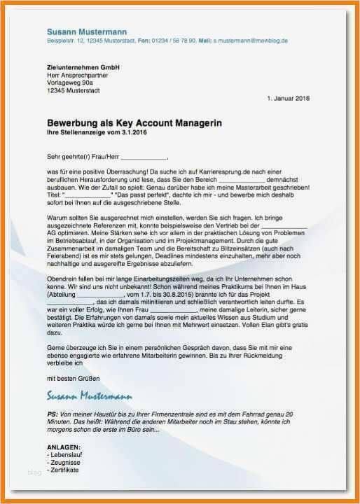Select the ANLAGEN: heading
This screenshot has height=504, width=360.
click(64, 447)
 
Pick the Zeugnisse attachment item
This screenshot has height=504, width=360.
click(64, 462)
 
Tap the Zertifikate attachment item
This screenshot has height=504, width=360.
click(64, 470)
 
